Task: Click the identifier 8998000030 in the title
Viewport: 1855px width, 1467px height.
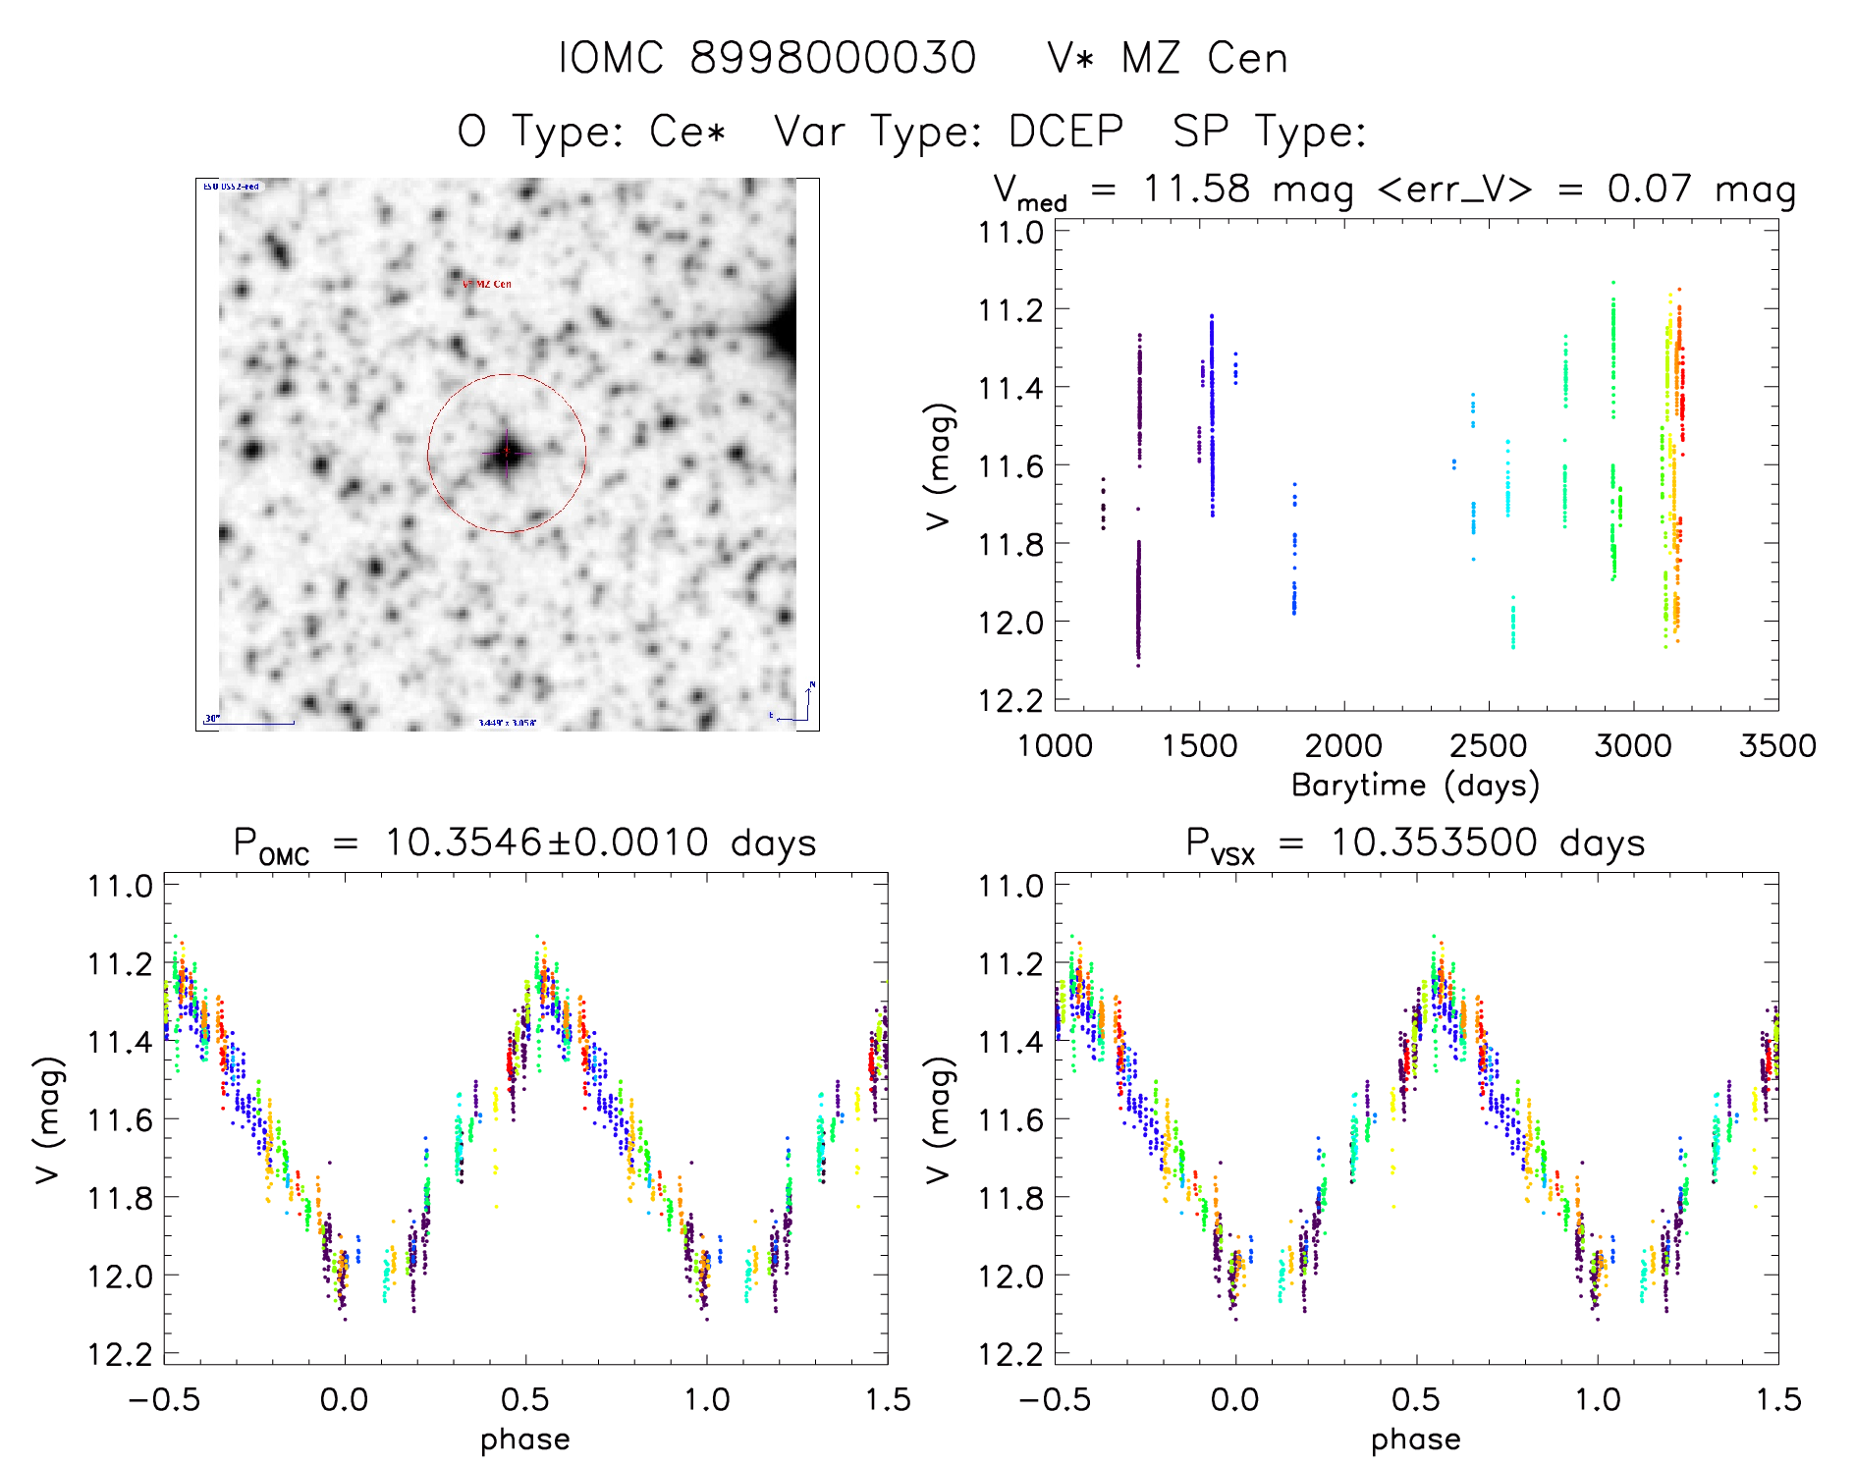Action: pos(833,58)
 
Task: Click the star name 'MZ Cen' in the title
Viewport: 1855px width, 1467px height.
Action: pos(1204,58)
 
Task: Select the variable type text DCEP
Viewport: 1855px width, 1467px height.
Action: pos(1065,132)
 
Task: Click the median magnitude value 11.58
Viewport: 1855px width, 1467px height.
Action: pos(1196,188)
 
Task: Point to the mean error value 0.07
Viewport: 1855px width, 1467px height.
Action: pos(1649,188)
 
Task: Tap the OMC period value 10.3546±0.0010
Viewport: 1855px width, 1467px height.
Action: pos(546,842)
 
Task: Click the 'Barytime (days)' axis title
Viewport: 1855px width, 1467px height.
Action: pos(1415,785)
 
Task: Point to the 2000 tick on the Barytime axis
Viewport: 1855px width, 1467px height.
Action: pos(1342,745)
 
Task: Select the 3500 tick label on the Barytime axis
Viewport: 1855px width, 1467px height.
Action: pos(1776,745)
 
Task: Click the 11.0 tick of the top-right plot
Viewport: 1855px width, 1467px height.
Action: pos(1010,233)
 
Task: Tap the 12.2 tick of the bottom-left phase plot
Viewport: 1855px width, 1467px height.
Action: pos(120,1354)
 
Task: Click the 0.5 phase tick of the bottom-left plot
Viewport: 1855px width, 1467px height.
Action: pos(525,1398)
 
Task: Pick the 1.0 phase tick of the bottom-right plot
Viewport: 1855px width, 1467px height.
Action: pos(1598,1398)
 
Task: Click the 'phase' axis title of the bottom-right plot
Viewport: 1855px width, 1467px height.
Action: pos(1415,1440)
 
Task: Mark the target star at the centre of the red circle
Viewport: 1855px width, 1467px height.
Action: pos(507,453)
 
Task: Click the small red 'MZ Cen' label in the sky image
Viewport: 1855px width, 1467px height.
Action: pos(487,284)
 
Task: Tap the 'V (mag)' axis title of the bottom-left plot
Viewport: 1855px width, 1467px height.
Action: pos(49,1119)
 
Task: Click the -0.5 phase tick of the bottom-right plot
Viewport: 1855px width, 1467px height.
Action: pos(1055,1398)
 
